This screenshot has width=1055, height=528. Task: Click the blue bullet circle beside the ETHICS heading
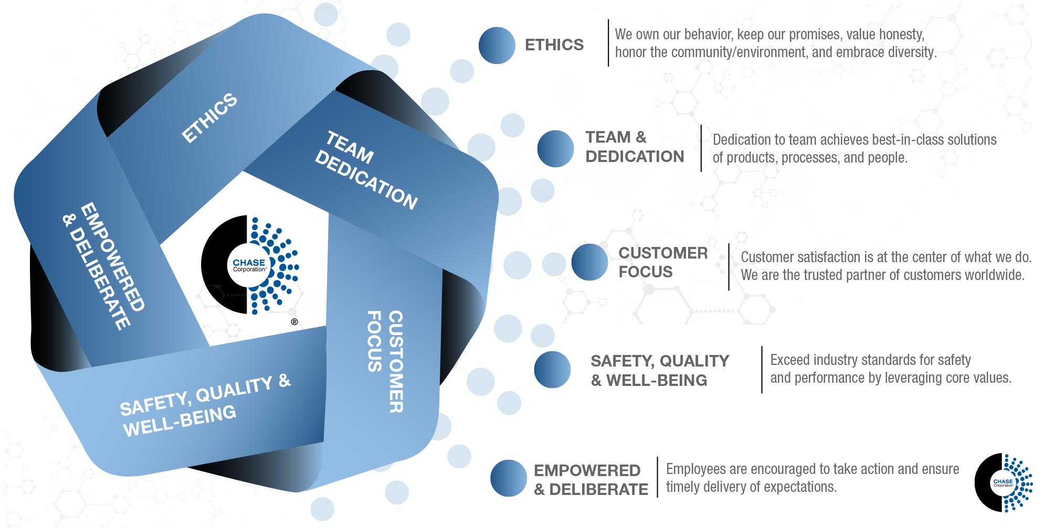(497, 46)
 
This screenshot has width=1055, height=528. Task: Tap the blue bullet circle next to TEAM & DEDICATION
(555, 149)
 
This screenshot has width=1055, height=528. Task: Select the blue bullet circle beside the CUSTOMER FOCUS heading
(589, 262)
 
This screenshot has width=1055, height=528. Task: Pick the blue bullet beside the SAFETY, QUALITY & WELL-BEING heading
(552, 370)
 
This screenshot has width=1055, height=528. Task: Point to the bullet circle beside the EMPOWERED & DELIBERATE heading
(508, 478)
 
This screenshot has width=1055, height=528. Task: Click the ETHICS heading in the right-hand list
(554, 45)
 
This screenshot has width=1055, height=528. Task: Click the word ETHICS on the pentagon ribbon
(209, 118)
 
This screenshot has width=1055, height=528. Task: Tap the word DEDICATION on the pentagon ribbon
(366, 180)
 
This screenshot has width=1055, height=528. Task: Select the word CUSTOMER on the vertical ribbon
(396, 361)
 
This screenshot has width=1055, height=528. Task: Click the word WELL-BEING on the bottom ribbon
(180, 422)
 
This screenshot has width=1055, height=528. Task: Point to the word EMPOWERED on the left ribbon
(112, 257)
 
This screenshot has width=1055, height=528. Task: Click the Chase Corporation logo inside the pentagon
(250, 265)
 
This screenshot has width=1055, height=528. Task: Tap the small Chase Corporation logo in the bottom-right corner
(1003, 482)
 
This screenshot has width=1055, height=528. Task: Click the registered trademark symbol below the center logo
(294, 322)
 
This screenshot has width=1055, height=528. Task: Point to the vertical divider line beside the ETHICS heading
(608, 43)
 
